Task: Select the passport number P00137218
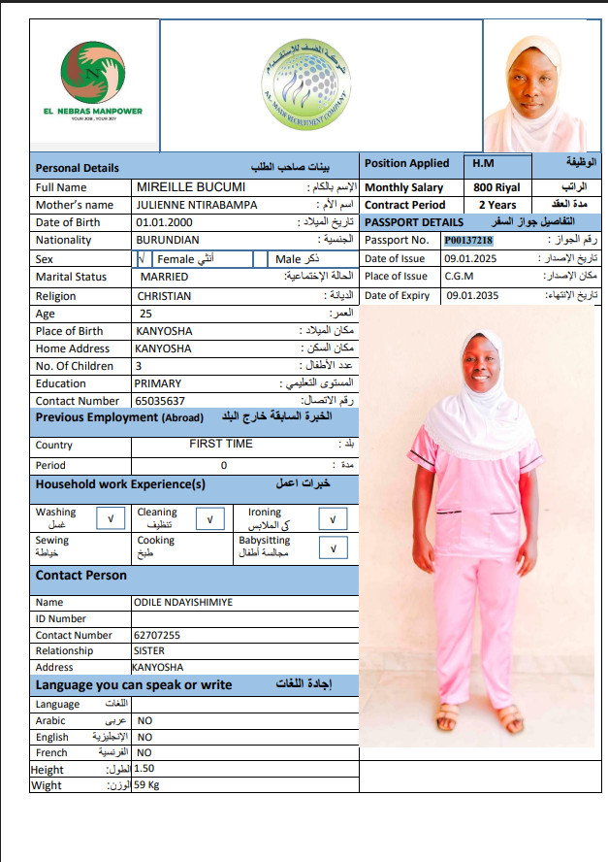click(469, 240)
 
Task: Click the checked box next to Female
click(143, 259)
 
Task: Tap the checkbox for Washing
click(112, 518)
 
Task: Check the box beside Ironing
click(333, 519)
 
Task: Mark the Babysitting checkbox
click(333, 547)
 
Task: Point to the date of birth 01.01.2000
click(165, 222)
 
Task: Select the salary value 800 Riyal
click(496, 187)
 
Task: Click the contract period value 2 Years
click(497, 205)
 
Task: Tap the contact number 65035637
click(160, 400)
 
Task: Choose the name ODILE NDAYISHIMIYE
click(183, 602)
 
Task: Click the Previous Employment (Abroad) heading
click(119, 417)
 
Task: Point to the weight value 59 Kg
click(146, 784)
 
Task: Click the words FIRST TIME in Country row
click(221, 444)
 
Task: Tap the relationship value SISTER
click(148, 650)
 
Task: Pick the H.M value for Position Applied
click(482, 163)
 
